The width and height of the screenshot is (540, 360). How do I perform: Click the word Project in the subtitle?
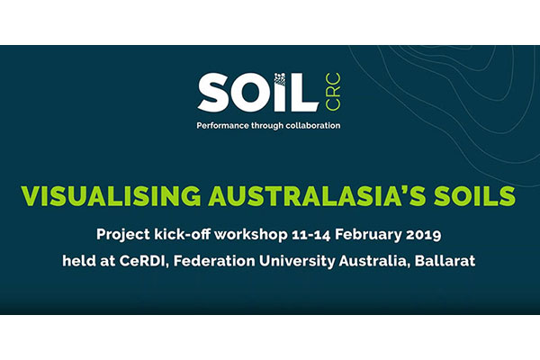(x=121, y=233)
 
